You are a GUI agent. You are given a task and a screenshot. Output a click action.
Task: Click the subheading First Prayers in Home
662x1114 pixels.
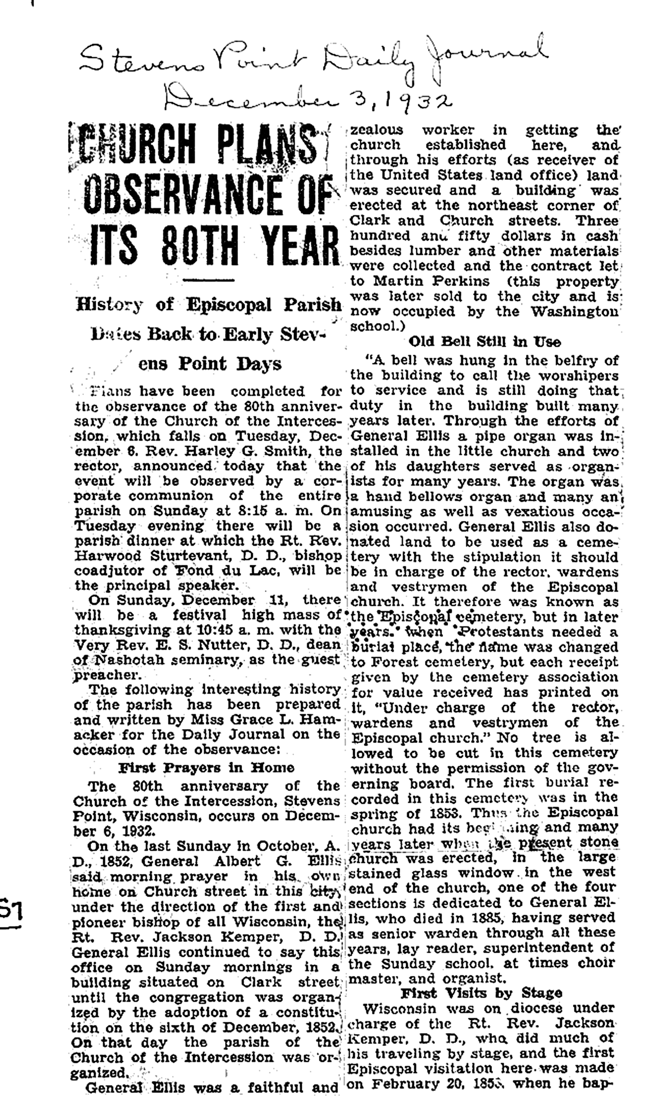[x=206, y=767]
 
